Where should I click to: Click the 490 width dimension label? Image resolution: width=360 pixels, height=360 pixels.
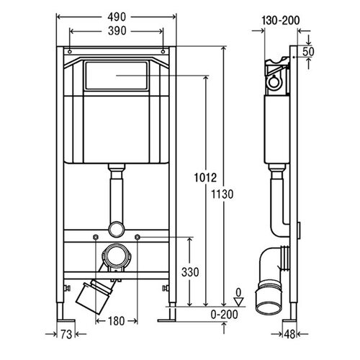117,17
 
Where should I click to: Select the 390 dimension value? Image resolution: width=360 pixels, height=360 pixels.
117,31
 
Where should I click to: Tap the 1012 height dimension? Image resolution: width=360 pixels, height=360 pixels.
205,178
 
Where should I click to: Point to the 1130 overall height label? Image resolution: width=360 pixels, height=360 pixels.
222,194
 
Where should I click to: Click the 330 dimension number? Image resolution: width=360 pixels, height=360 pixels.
190,272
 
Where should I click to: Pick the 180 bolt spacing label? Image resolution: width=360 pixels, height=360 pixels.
117,321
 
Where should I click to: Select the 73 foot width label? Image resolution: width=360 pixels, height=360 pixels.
66,334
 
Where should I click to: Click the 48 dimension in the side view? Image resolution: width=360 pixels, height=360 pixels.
289,334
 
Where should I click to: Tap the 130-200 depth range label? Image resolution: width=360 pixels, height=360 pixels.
281,20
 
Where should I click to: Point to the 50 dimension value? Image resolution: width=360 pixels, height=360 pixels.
308,52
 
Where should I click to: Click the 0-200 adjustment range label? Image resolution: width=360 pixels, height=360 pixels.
225,314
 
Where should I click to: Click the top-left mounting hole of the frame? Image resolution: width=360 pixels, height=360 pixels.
70,52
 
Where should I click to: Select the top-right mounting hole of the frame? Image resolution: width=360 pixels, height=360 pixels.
163,52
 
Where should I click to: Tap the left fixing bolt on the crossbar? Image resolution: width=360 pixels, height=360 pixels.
96,238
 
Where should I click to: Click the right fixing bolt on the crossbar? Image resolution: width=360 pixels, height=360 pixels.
138,238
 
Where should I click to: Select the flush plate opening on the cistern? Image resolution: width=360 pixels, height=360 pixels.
117,76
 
